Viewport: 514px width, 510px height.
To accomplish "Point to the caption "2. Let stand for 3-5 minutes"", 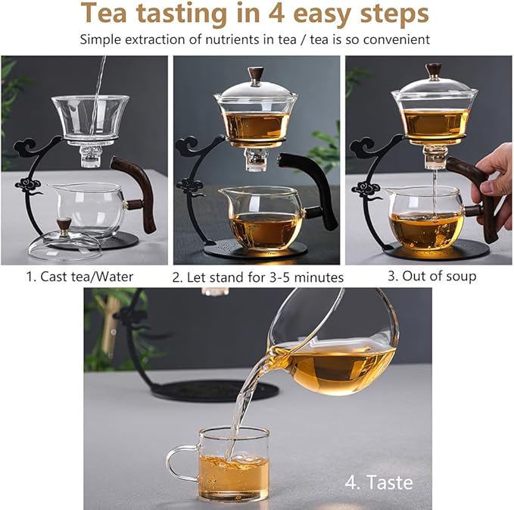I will coord(257,277).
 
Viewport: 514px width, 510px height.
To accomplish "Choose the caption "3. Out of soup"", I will coord(431,276).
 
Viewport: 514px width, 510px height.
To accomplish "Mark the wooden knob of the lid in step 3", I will coord(434,70).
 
